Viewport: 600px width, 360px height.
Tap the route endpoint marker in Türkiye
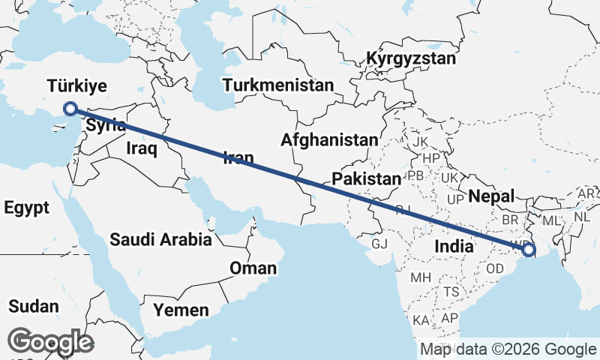click(x=70, y=109)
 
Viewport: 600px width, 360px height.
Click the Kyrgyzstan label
click(x=411, y=58)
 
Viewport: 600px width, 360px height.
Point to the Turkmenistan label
click(x=277, y=85)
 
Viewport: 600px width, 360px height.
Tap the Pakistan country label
click(x=367, y=179)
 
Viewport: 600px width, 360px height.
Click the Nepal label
click(x=491, y=196)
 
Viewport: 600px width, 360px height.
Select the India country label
click(x=454, y=245)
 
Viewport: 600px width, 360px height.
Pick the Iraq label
click(x=141, y=148)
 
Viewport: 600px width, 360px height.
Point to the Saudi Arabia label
click(x=160, y=240)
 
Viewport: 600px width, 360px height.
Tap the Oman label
click(x=253, y=268)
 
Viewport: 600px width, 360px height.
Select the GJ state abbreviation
click(x=379, y=243)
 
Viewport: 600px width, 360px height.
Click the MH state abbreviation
click(x=421, y=277)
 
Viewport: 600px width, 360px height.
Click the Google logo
click(x=50, y=342)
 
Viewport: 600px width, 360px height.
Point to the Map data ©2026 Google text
click(x=508, y=349)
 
